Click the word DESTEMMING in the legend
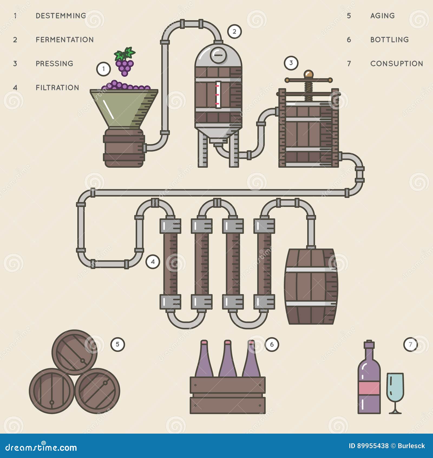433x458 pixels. (61, 16)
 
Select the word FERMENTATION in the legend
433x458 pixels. (65, 40)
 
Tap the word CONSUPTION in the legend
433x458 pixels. (396, 64)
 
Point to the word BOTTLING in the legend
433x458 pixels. (389, 40)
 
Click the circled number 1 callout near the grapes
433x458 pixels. (103, 69)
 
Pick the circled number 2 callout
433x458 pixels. (234, 31)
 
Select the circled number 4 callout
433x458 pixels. (153, 262)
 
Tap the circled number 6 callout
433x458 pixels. (272, 344)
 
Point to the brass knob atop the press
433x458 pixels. (309, 74)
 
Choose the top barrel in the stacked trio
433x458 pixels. (74, 352)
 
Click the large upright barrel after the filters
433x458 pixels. (311, 286)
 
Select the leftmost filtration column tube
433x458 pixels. (170, 264)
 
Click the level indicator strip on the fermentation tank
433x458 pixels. (218, 95)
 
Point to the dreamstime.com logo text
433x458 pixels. (41, 447)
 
